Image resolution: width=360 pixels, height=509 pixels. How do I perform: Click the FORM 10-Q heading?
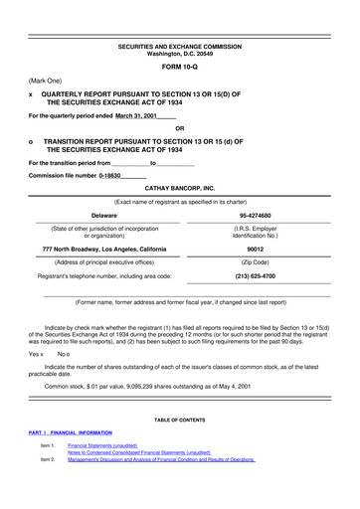click(x=179, y=62)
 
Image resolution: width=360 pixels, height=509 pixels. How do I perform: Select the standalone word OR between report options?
click(x=179, y=128)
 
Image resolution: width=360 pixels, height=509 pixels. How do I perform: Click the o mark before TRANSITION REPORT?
click(x=33, y=142)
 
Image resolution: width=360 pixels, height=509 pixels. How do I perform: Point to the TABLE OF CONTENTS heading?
click(x=179, y=422)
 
